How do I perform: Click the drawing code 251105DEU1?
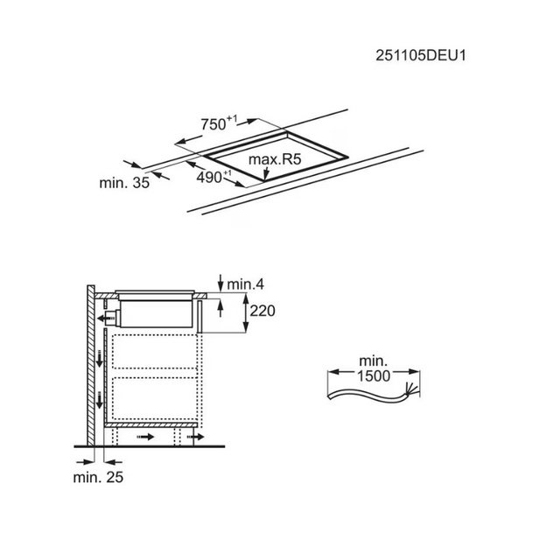pyautogui.click(x=420, y=56)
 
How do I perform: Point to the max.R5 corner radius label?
pyautogui.click(x=275, y=159)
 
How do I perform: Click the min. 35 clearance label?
pyautogui.click(x=124, y=183)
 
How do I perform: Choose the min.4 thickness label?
pyautogui.click(x=246, y=284)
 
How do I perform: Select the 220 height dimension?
pyautogui.click(x=263, y=311)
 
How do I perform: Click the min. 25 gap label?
pyautogui.click(x=98, y=477)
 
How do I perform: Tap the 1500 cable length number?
pyautogui.click(x=374, y=376)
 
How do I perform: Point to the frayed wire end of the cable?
pyautogui.click(x=410, y=389)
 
